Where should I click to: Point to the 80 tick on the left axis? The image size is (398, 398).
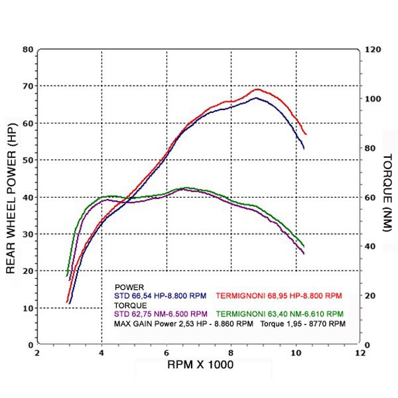(28, 49)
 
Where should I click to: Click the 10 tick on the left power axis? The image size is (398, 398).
(28, 308)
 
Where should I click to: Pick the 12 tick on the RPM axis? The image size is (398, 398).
(361, 354)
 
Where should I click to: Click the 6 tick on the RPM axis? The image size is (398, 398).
(166, 354)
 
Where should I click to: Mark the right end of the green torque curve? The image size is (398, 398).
(304, 247)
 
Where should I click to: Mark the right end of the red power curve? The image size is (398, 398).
(306, 135)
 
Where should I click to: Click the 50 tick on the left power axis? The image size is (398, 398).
(28, 160)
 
